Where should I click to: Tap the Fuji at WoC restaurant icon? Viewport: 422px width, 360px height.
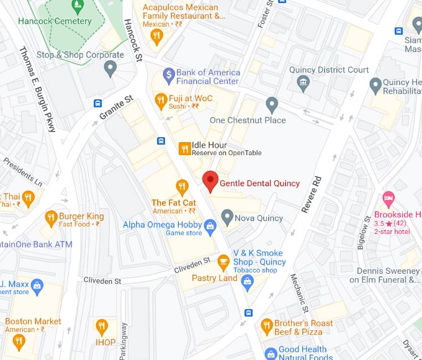tap(161, 100)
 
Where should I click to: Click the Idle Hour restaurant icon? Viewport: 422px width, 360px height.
tap(184, 148)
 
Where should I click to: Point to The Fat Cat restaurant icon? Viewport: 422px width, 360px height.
tap(182, 186)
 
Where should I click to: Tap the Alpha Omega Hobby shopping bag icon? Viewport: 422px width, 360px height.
tap(210, 225)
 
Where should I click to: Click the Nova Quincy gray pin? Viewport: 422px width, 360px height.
tap(227, 217)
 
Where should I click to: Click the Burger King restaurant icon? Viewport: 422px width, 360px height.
tap(50, 218)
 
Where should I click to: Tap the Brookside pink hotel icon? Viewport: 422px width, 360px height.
tap(389, 200)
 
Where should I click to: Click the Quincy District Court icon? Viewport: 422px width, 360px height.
tap(302, 82)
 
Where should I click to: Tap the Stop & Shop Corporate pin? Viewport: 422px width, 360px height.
tap(111, 69)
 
